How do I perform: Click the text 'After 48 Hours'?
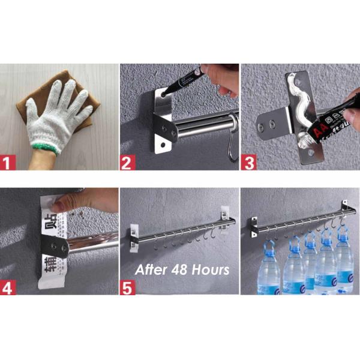[x=182, y=269]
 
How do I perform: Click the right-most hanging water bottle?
[x=344, y=264]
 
